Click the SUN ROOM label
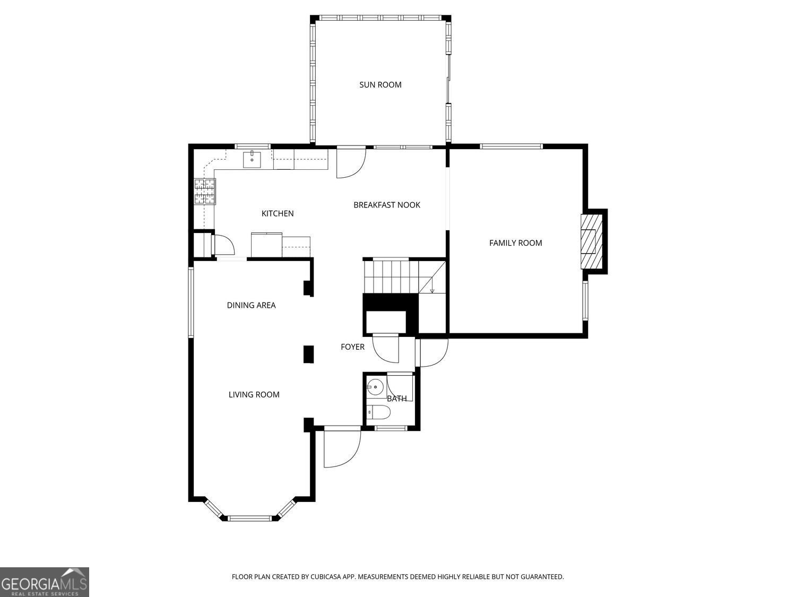click(380, 84)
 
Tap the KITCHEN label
click(277, 213)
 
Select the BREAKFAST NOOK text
click(386, 205)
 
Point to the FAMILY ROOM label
click(515, 243)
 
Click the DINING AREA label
click(251, 305)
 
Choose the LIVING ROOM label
click(254, 394)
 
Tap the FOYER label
click(352, 347)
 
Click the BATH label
click(396, 399)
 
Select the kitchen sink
click(252, 159)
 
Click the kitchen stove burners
click(205, 192)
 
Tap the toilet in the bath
click(378, 412)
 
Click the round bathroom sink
click(376, 386)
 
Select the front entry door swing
click(341, 448)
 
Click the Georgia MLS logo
click(44, 582)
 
